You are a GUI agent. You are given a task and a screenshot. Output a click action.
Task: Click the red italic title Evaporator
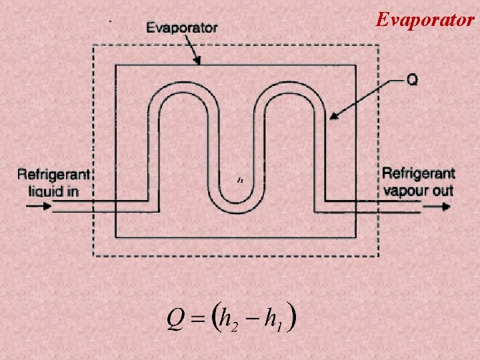[425, 19]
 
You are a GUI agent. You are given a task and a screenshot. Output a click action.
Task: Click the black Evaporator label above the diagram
[181, 27]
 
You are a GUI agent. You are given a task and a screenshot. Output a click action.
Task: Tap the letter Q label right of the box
[412, 79]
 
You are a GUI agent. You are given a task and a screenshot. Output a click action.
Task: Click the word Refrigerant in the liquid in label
[53, 175]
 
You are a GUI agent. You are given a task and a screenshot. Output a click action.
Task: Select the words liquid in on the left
[53, 191]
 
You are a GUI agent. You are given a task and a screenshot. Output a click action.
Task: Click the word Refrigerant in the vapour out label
[418, 174]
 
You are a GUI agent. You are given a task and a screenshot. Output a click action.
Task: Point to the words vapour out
[418, 191]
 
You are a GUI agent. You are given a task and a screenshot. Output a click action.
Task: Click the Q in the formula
[175, 321]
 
